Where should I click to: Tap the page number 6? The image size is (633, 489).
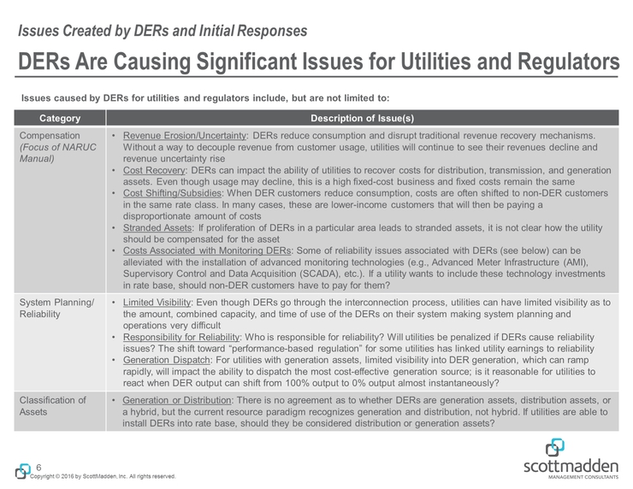click(38, 466)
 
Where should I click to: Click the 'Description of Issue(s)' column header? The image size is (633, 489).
click(364, 117)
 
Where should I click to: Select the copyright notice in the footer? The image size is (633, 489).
click(103, 476)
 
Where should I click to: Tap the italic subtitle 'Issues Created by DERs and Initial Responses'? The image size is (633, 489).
click(163, 32)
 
